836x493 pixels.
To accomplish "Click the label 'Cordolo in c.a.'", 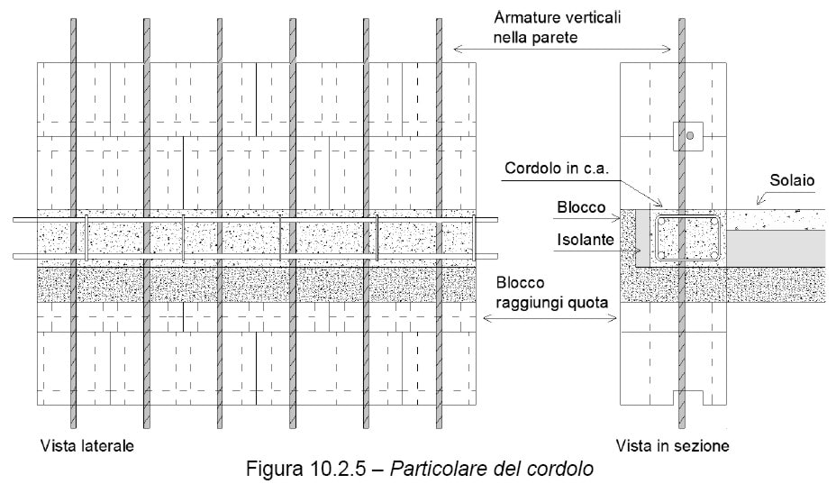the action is pyautogui.click(x=557, y=169).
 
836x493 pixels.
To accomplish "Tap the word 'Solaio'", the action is pyautogui.click(x=792, y=180).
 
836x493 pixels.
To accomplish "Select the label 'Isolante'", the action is pyautogui.click(x=586, y=240).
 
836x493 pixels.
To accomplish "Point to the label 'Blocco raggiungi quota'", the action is pyautogui.click(x=552, y=292).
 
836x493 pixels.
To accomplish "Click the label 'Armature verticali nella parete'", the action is pyautogui.click(x=557, y=27).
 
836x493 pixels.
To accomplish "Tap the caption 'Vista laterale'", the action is pyautogui.click(x=86, y=445).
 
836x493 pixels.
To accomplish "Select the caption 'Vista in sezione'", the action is pyautogui.click(x=672, y=445).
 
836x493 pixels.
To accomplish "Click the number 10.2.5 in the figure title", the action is pyautogui.click(x=336, y=469).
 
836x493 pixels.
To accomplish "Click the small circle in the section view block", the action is pyautogui.click(x=690, y=136).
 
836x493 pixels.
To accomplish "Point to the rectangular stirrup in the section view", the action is pyautogui.click(x=688, y=215).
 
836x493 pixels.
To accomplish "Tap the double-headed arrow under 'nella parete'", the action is pyautogui.click(x=562, y=50).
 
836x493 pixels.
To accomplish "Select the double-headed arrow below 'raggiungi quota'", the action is pyautogui.click(x=550, y=318).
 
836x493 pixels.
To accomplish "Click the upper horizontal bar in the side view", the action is pyautogui.click(x=255, y=219).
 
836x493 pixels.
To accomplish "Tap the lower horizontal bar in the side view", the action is pyautogui.click(x=255, y=256).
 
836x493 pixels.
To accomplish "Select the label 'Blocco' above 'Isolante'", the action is pyautogui.click(x=581, y=207).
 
